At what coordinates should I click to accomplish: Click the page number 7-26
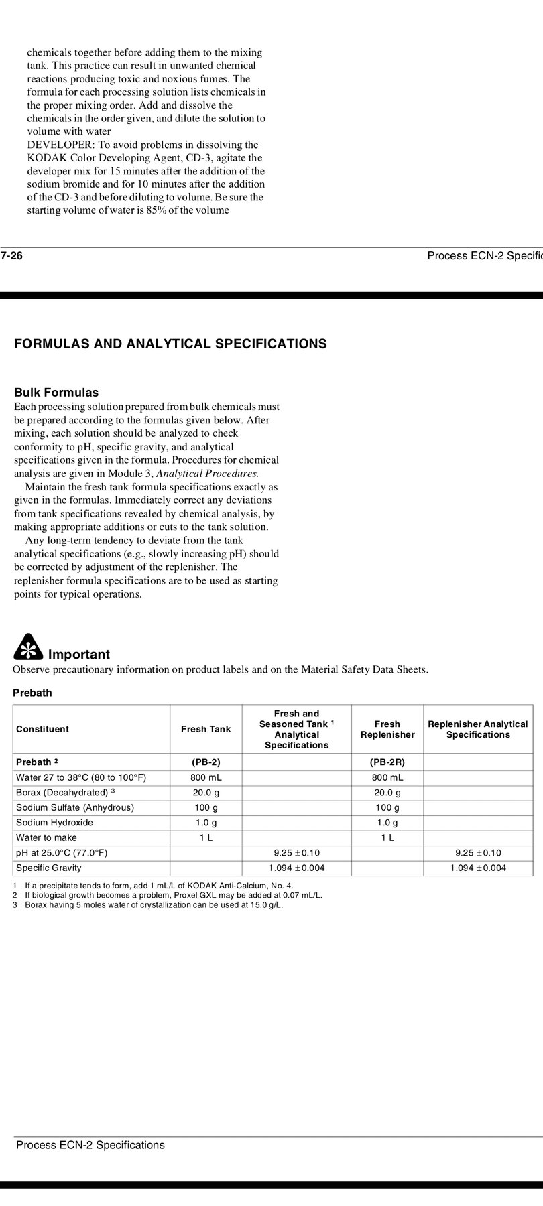pos(12,255)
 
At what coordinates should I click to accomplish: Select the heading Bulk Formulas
pos(56,393)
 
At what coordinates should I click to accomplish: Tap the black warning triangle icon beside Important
pos(27,647)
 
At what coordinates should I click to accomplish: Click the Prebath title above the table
pos(32,693)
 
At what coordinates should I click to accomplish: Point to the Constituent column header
pos(42,729)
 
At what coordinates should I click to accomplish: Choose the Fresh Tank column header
pos(206,729)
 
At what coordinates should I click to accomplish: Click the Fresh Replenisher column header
pos(387,729)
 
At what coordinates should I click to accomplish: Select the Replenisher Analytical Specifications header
pos(478,729)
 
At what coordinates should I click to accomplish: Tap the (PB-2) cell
pos(206,762)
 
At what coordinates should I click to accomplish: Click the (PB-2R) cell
pos(387,762)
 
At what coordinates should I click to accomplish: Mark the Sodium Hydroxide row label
pos(54,823)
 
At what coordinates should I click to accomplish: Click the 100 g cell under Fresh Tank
pos(206,807)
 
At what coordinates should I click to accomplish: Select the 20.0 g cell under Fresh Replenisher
pos(387,793)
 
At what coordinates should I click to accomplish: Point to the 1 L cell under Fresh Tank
pos(206,837)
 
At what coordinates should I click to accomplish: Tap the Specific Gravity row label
pos(48,868)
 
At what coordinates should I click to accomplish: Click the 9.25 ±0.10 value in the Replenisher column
pos(478,853)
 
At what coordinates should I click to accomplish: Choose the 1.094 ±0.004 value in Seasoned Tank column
pos(296,868)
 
